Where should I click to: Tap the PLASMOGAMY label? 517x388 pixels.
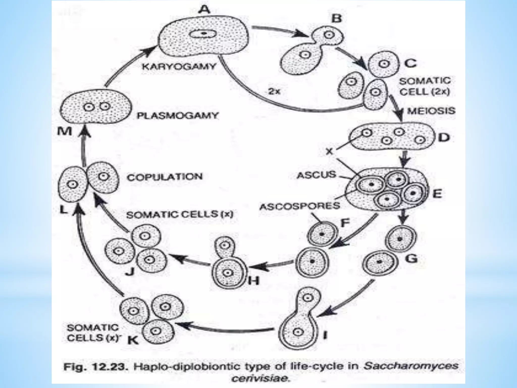coord(177,116)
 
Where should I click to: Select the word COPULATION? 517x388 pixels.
coord(165,177)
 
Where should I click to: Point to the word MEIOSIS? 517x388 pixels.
coord(431,111)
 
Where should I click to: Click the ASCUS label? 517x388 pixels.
coord(317,175)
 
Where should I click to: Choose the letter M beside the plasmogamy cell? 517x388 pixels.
coord(65,131)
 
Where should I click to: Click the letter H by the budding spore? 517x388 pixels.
coord(253,281)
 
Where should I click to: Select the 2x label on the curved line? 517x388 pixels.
coord(274,91)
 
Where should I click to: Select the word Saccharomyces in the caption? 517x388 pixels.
coord(410,366)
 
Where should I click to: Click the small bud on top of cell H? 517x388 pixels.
coord(224,245)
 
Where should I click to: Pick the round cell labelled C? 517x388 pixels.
coord(384,64)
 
